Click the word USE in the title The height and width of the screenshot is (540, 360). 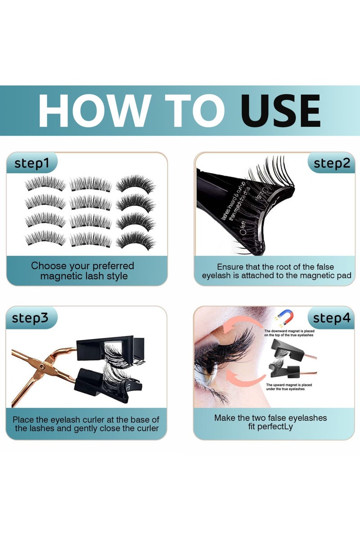(x=280, y=111)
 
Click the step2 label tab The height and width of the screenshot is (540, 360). (x=332, y=163)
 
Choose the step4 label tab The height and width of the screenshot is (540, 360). (x=332, y=318)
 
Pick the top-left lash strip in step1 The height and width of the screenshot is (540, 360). (x=45, y=183)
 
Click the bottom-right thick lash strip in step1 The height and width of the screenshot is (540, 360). (x=135, y=239)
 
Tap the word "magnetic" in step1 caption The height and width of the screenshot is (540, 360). (x=61, y=276)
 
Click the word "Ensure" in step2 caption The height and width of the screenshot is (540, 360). (x=230, y=267)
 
